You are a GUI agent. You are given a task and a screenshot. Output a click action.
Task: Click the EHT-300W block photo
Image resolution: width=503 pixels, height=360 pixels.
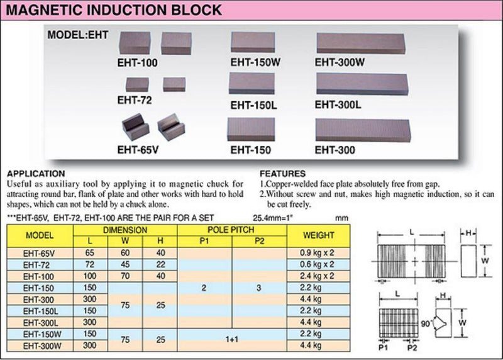click(361, 43)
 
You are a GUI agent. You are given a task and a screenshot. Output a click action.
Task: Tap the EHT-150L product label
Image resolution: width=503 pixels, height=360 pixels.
click(254, 105)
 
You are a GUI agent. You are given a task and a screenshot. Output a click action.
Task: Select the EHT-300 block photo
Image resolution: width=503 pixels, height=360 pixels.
click(363, 130)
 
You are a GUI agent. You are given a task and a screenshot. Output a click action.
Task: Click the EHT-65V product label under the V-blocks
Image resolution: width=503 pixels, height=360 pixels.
click(138, 150)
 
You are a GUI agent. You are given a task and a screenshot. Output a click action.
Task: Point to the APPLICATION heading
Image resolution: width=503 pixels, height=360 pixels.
click(36, 174)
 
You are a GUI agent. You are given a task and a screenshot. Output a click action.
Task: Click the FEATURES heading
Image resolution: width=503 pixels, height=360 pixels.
click(282, 174)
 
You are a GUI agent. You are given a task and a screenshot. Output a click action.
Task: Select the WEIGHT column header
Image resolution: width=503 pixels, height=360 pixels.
click(319, 235)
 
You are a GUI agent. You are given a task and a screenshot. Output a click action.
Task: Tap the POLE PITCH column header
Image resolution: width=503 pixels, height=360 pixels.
click(231, 230)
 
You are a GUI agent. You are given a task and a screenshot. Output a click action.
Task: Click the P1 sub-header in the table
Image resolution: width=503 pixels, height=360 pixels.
click(204, 241)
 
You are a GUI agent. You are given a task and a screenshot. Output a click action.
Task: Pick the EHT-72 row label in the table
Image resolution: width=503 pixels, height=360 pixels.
click(36, 265)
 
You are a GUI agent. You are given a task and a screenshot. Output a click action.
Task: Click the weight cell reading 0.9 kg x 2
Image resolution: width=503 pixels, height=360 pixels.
click(317, 253)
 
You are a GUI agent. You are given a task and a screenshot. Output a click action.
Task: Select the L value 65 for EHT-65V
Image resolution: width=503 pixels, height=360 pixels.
click(90, 253)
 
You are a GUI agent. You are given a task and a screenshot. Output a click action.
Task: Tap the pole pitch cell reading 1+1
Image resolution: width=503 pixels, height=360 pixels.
click(231, 339)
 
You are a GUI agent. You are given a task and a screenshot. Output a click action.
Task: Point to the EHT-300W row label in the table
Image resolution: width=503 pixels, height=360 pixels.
click(42, 346)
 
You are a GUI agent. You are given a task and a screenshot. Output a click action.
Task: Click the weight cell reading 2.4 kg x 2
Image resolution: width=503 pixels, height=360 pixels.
click(317, 276)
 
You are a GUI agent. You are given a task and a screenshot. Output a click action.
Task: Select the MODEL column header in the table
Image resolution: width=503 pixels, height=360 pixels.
click(40, 235)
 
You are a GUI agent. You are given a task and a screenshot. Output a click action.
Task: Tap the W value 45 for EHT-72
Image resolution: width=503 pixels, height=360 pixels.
click(125, 264)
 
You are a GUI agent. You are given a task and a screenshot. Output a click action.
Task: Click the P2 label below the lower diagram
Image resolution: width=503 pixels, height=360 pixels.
click(412, 348)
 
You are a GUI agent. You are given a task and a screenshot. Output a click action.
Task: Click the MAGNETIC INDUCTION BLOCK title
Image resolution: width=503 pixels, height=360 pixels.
click(114, 10)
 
